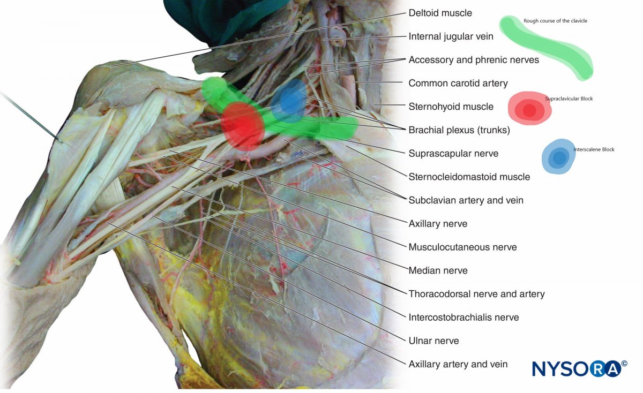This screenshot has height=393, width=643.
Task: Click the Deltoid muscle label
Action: point(440,13)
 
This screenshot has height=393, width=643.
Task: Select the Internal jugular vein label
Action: point(451,36)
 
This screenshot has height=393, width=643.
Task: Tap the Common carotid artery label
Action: point(458,83)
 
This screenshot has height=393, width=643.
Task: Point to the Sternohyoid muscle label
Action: point(451,107)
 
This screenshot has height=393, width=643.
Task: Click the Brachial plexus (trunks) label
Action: point(459,130)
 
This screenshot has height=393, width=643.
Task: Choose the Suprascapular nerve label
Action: point(453,153)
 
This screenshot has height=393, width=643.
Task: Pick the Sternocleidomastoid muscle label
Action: point(469,177)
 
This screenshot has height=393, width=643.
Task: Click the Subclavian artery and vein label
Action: point(466,200)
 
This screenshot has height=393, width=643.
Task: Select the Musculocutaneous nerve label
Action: point(462,247)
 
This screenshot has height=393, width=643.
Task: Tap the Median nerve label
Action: point(438,270)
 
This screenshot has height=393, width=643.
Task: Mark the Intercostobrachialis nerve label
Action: point(463,317)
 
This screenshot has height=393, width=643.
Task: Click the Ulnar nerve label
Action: point(433,341)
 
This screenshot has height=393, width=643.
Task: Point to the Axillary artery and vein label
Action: point(458,364)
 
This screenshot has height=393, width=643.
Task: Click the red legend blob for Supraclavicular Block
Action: point(529,109)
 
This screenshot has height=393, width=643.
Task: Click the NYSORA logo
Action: point(579,368)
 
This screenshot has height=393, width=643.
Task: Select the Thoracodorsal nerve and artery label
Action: point(476,293)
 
